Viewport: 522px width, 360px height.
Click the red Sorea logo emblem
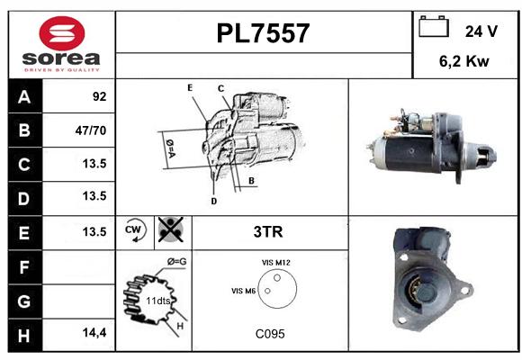[x=62, y=33]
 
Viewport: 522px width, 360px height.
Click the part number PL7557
[x=263, y=33]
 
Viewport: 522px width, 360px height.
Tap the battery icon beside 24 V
[x=434, y=26]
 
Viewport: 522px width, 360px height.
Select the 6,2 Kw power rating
[x=464, y=61]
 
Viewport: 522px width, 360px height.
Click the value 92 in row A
[x=100, y=96]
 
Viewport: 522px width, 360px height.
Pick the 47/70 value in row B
[x=91, y=130]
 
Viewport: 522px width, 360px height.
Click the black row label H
[x=24, y=336]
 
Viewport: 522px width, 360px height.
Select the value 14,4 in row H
[x=94, y=332]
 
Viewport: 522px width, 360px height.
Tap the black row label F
[x=24, y=267]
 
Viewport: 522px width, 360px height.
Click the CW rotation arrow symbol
[x=135, y=230]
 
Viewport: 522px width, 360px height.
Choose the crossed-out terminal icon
[x=171, y=229]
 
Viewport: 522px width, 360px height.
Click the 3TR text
[x=268, y=232]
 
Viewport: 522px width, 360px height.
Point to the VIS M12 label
[x=276, y=263]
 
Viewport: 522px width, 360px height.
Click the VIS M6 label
[x=243, y=291]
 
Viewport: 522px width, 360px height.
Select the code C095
[x=270, y=334]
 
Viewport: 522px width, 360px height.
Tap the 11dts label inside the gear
[x=158, y=301]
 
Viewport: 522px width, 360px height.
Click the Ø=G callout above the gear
[x=176, y=262]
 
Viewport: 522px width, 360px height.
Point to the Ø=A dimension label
[x=170, y=148]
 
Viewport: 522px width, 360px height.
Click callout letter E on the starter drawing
[x=190, y=88]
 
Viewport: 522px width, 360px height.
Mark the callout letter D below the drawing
[x=213, y=201]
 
